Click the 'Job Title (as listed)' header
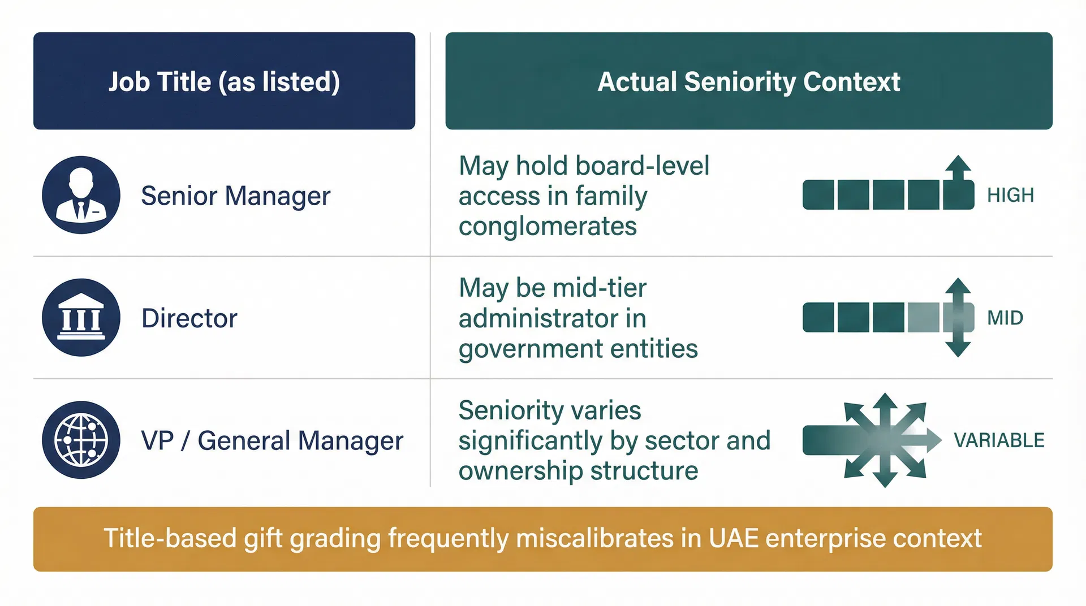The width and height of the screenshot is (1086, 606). (224, 81)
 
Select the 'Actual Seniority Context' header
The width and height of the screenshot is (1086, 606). (748, 81)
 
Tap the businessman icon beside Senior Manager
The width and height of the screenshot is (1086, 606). (81, 195)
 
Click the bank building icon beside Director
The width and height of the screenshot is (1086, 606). (81, 318)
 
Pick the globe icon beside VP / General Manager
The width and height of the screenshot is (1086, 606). (81, 440)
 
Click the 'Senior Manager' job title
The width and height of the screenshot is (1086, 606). (235, 196)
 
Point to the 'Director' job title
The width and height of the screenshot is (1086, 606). (189, 318)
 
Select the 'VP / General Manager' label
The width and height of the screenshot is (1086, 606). (272, 440)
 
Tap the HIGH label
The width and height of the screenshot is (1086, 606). (1010, 195)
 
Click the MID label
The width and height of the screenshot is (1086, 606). (1005, 318)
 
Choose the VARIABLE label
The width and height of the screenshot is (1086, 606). (999, 440)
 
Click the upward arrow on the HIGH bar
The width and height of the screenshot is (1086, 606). (958, 167)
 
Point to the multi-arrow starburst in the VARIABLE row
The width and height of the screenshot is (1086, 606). (885, 440)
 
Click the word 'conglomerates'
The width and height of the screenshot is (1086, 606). (548, 227)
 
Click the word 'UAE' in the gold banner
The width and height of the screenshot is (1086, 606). (733, 538)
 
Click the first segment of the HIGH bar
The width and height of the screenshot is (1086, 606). (818, 195)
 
